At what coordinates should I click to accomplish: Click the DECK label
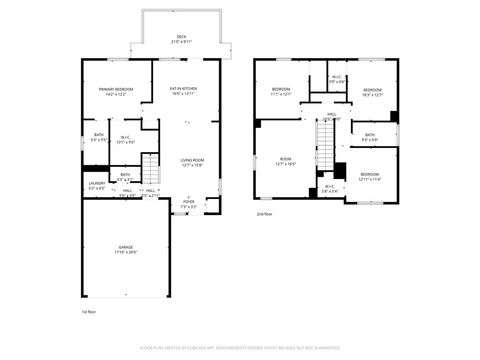click(x=181, y=38)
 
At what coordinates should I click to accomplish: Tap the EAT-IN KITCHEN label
click(x=182, y=89)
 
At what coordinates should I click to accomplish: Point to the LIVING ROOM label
click(x=192, y=160)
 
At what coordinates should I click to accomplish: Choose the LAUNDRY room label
click(x=97, y=183)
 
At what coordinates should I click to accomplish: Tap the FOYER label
click(x=189, y=202)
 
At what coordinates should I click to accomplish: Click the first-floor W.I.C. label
click(x=127, y=138)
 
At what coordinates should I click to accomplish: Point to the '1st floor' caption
click(x=89, y=312)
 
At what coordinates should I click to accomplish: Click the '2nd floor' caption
click(x=264, y=214)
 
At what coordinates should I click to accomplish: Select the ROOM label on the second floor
click(x=286, y=159)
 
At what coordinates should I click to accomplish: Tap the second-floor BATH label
click(x=369, y=135)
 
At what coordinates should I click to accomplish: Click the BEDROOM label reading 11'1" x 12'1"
click(x=280, y=89)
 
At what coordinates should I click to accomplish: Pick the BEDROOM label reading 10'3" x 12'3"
click(x=371, y=89)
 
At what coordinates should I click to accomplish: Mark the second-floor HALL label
click(x=331, y=114)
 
